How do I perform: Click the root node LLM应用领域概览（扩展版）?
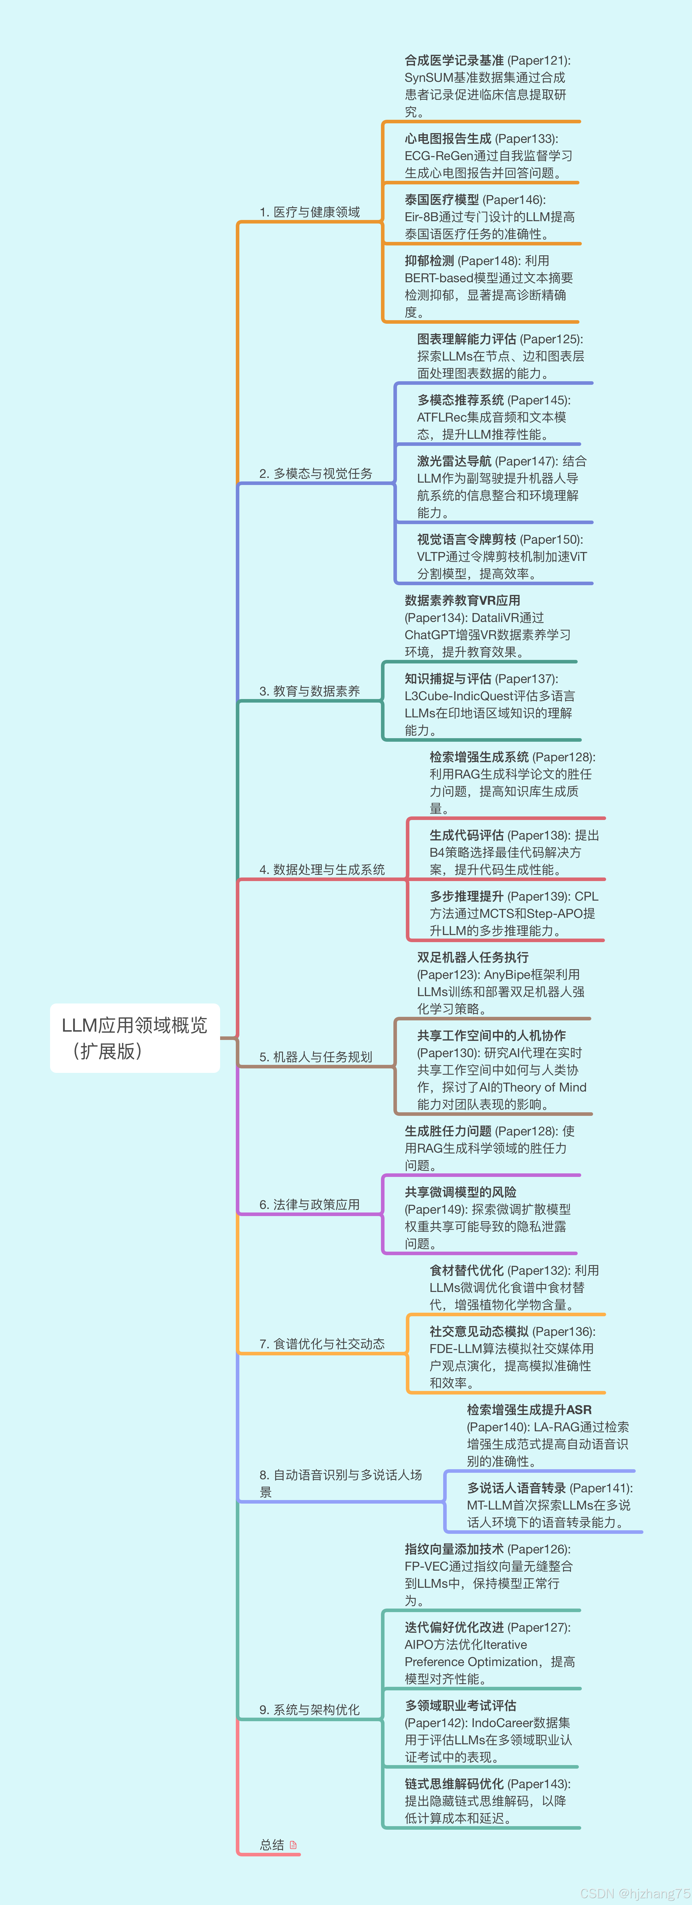click(x=134, y=1038)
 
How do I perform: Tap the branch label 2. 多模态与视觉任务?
click(x=316, y=473)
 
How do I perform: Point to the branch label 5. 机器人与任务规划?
click(x=316, y=1057)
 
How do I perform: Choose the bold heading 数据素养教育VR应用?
click(x=462, y=600)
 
